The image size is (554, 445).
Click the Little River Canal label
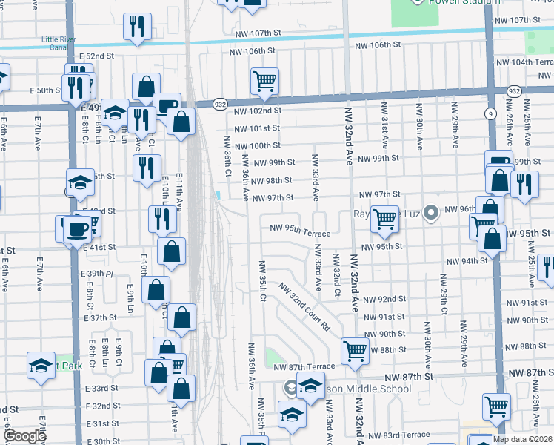pyautogui.click(x=63, y=42)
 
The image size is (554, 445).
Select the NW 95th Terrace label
pyautogui.click(x=299, y=230)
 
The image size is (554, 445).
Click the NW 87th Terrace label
pyautogui.click(x=304, y=367)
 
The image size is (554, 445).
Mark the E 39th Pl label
pyautogui.click(x=96, y=274)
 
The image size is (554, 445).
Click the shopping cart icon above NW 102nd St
pyautogui.click(x=264, y=81)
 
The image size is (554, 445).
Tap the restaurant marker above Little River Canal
pyautogui.click(x=137, y=27)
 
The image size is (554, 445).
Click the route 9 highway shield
pyautogui.click(x=490, y=113)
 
